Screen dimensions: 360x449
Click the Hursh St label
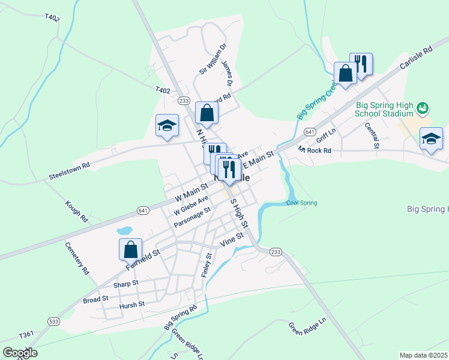[x=131, y=304]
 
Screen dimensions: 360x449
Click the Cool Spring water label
[x=301, y=203]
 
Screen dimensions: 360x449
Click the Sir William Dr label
[x=213, y=59]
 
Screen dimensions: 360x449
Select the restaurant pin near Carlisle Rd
[x=361, y=63]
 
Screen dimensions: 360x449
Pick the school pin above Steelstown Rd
[x=167, y=125]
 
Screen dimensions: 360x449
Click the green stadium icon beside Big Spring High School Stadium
[x=423, y=108]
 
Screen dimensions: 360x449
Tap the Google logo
[x=20, y=352]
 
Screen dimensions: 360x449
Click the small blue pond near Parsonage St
[x=124, y=230]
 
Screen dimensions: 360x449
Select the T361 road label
[x=26, y=335]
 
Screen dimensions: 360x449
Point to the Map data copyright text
[x=423, y=355]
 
